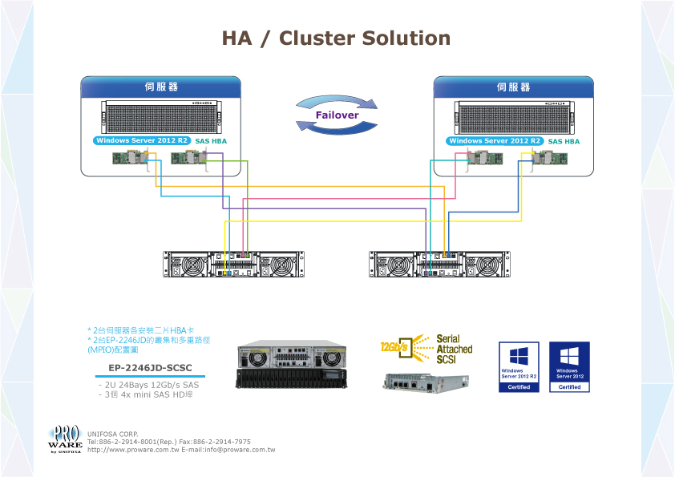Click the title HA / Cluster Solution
pos(336,38)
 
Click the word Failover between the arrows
pos(337,115)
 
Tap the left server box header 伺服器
pos(161,87)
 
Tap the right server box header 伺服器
pos(513,87)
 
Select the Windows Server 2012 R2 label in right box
pos(495,140)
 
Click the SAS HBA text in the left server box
pos(212,141)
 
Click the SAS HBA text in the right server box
pos(564,141)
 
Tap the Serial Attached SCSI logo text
pos(454,349)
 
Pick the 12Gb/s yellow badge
pos(395,348)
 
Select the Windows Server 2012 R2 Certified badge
pos(519,367)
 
